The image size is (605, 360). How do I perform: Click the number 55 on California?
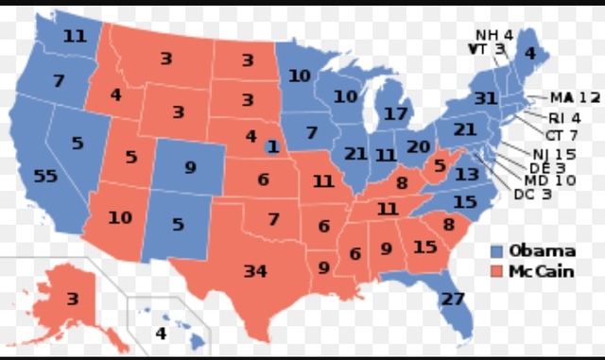coord(44,177)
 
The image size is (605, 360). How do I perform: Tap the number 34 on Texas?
coord(255,271)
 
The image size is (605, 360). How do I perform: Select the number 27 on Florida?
coord(454,300)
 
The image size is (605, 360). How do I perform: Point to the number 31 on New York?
coord(486,99)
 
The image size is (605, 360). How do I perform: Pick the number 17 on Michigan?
coord(397,113)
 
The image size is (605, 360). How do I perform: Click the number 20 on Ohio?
coord(418,146)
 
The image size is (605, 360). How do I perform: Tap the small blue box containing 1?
coord(272,146)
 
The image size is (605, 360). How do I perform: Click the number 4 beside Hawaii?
coord(161,333)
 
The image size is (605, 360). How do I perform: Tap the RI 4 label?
coord(563,117)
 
